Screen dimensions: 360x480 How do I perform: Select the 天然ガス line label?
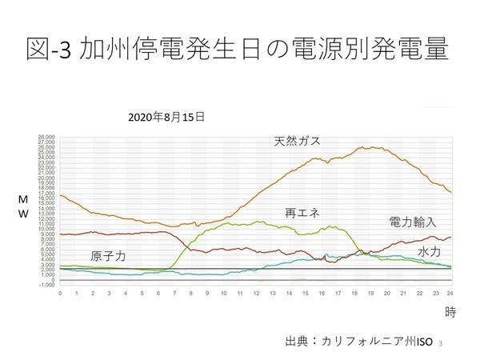coord(297,141)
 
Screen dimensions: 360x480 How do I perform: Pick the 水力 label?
coord(429,252)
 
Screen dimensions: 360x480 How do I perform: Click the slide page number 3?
coord(441,342)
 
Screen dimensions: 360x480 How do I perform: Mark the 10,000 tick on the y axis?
coord(46,229)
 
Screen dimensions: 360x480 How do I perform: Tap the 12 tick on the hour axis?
coord(255,293)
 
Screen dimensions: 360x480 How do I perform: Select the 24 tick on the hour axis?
coord(450,293)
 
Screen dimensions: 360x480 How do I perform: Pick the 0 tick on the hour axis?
coord(61,293)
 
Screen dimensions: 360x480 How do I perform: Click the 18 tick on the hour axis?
coord(353,293)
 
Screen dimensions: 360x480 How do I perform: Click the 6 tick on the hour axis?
coord(158,293)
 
